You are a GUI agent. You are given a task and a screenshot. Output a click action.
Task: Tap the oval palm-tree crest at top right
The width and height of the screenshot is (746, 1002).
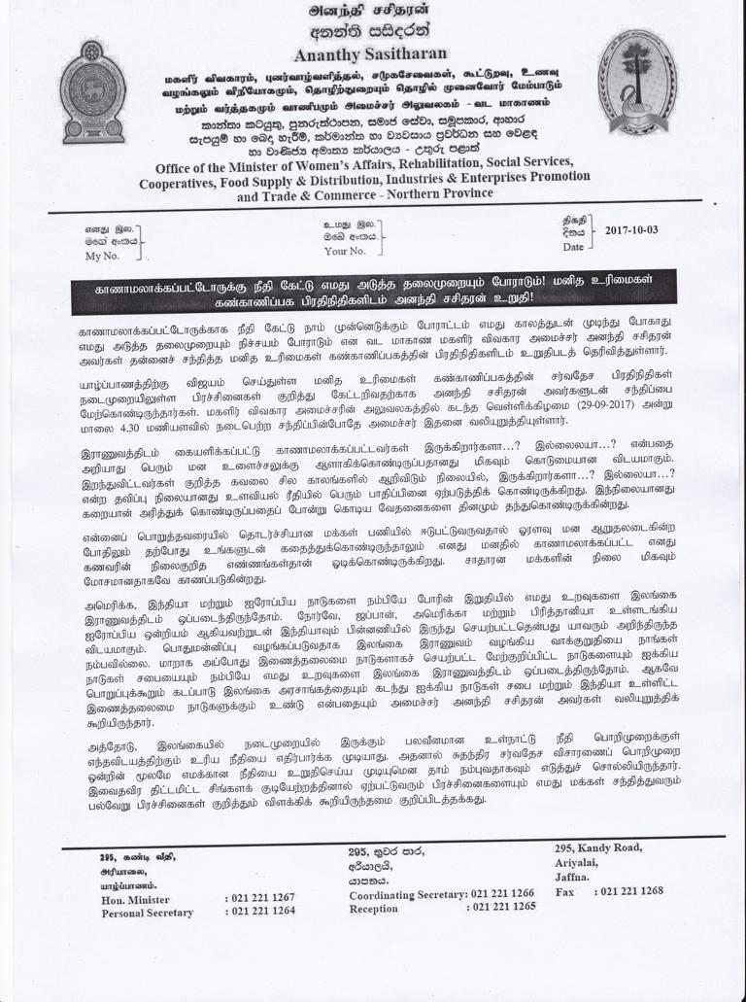coord(637,80)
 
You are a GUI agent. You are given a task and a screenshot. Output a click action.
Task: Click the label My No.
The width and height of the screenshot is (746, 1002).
coord(102,257)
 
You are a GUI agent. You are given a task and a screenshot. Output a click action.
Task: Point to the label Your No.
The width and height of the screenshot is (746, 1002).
coord(345,251)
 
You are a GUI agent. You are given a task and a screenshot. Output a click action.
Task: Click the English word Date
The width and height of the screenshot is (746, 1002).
coord(573,247)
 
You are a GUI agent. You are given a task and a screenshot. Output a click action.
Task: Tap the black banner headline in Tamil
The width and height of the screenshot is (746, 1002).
coord(373,293)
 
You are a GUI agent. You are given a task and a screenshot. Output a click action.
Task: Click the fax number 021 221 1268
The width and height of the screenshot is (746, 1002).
coord(632,890)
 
